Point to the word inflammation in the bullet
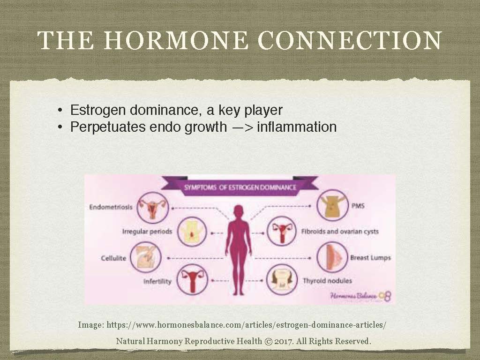297,127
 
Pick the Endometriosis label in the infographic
111,207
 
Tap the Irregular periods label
147,232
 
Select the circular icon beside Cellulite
145,257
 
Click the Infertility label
157,282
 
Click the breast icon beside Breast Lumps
332,257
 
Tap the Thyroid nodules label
327,281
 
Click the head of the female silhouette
239,211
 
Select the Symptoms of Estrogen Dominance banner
240,187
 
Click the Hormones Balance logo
360,296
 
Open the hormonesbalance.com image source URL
247,324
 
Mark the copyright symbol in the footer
268,341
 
